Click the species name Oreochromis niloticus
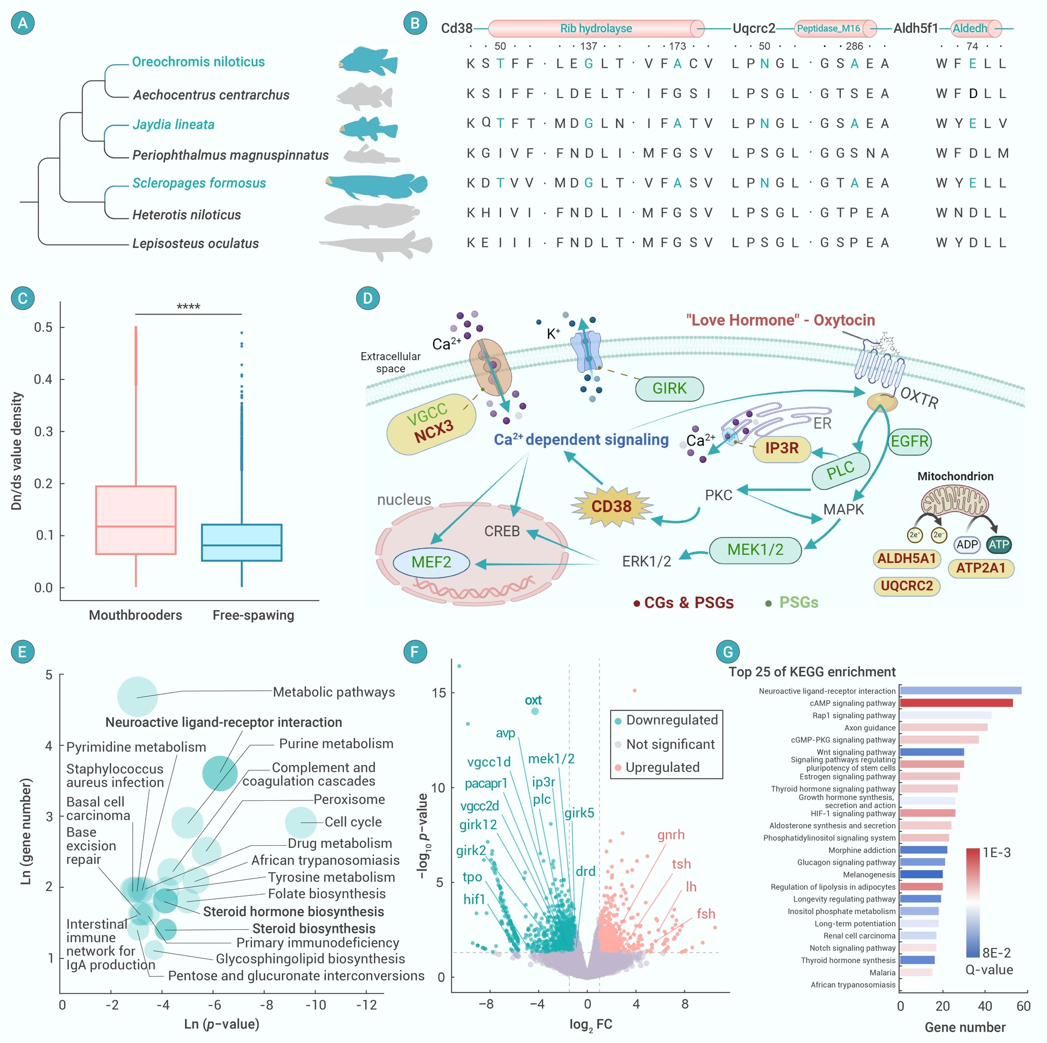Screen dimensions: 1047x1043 pyautogui.click(x=198, y=62)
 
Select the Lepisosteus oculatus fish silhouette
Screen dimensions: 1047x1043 pyautogui.click(x=376, y=245)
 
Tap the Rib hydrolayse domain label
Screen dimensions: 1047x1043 pyautogui.click(x=596, y=28)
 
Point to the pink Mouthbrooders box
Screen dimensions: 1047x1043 pyautogui.click(x=135, y=519)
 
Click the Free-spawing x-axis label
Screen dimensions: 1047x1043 pyautogui.click(x=253, y=615)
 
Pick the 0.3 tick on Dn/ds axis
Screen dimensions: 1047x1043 pyautogui.click(x=43, y=431)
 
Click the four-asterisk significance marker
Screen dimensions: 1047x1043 pyautogui.click(x=188, y=307)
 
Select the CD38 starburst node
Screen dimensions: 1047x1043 pyautogui.click(x=611, y=506)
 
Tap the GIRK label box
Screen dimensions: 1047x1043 pyautogui.click(x=669, y=388)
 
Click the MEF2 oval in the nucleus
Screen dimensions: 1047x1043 pyautogui.click(x=431, y=562)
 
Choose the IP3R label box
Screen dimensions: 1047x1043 pyautogui.click(x=782, y=448)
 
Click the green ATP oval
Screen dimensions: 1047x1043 pyautogui.click(x=998, y=545)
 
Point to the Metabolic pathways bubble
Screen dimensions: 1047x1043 pyautogui.click(x=137, y=697)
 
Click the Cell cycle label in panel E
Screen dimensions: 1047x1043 pyautogui.click(x=353, y=821)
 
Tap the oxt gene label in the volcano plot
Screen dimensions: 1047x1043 pyautogui.click(x=533, y=700)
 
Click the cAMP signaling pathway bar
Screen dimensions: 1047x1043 pyautogui.click(x=956, y=703)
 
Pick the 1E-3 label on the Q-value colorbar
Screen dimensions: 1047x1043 pyautogui.click(x=996, y=852)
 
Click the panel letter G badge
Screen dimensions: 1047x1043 pyautogui.click(x=728, y=651)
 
